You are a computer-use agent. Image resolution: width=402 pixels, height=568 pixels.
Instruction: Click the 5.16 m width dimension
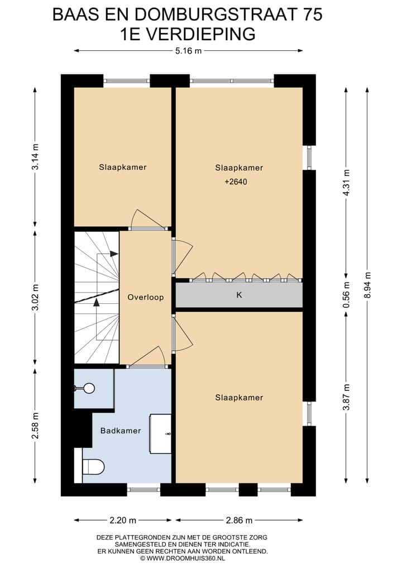pyautogui.click(x=188, y=51)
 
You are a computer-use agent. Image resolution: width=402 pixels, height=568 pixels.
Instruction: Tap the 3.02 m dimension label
pyautogui.click(x=35, y=299)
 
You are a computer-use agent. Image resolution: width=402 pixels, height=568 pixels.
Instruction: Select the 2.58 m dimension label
pyautogui.click(x=35, y=426)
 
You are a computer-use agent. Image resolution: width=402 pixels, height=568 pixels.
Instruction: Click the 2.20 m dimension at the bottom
pyautogui.click(x=123, y=521)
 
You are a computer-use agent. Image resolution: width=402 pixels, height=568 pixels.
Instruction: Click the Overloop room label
pyautogui.click(x=145, y=297)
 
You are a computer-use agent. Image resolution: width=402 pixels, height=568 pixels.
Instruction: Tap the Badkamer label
pyautogui.click(x=120, y=431)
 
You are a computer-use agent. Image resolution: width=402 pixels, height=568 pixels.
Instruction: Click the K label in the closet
pyautogui.click(x=239, y=295)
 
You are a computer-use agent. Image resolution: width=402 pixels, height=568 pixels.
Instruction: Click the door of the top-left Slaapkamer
pyautogui.click(x=146, y=220)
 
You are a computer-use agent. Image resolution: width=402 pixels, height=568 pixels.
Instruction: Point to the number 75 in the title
pyautogui.click(x=311, y=15)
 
